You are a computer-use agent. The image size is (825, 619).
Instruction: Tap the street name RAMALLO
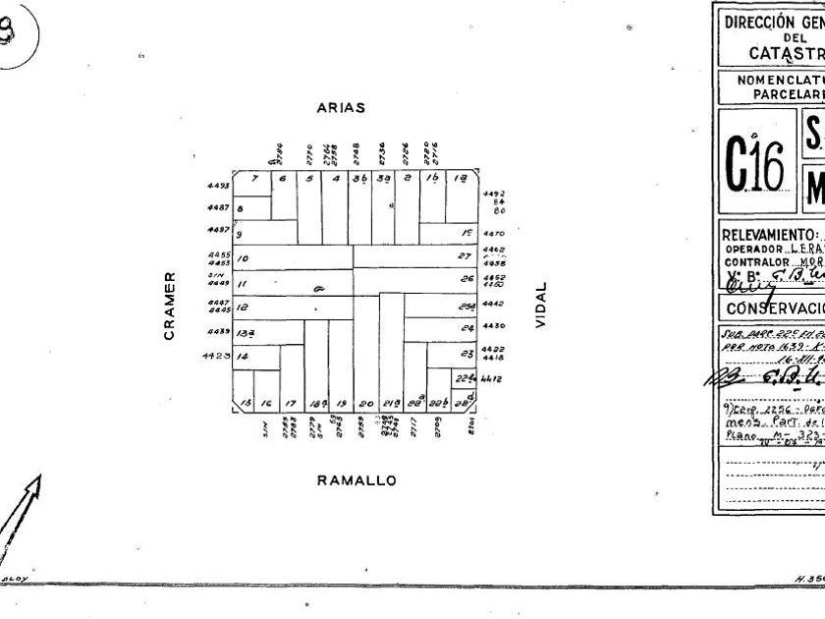tap(357, 480)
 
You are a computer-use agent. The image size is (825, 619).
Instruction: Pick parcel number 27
tap(466, 255)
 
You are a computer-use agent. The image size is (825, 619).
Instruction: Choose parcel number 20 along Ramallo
tap(365, 404)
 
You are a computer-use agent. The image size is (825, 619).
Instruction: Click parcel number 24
tap(467, 354)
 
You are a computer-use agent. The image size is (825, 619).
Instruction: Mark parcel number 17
tap(291, 404)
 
